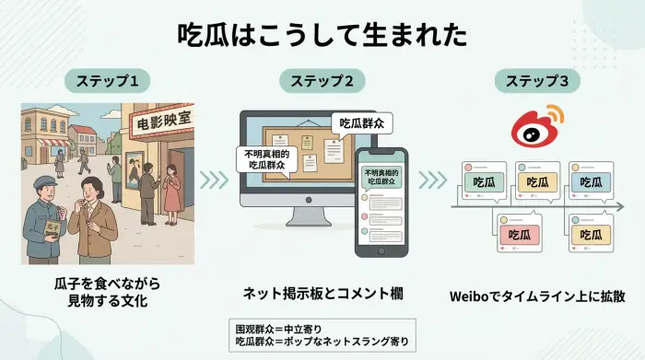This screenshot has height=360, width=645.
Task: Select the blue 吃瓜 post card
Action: point(592,182)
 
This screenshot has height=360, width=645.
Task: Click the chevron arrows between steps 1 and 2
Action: point(214,178)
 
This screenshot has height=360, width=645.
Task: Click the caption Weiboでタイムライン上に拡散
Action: point(537,296)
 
